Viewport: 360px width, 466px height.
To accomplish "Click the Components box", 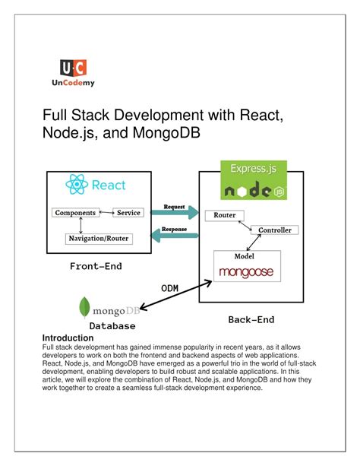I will [75, 213].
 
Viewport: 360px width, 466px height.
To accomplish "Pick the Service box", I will [128, 213].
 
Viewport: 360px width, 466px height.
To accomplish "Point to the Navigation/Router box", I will [99, 238].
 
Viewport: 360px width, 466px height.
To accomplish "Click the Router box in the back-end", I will [226, 216].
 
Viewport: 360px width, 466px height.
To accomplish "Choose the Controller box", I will [276, 230].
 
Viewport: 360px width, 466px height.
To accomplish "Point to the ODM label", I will [171, 287].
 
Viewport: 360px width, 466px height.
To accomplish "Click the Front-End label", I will [96, 266].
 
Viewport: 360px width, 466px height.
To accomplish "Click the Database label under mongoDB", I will [112, 325].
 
